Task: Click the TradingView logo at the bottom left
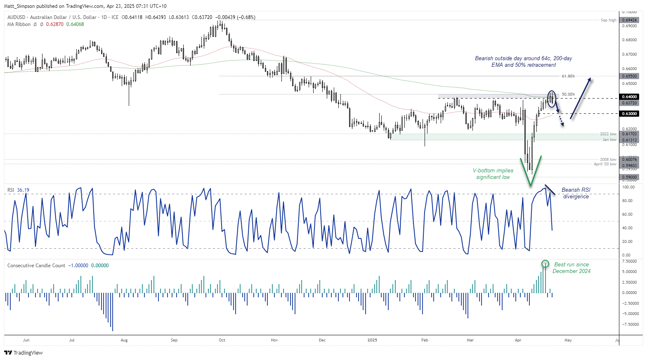tap(24, 353)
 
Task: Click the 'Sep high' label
tap(608, 20)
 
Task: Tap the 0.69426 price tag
tap(630, 20)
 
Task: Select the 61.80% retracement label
tap(568, 76)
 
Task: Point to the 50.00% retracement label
tap(568, 94)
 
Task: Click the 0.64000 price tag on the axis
tap(630, 97)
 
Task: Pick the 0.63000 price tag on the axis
tap(630, 113)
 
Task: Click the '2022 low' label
tap(608, 134)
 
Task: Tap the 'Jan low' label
tap(609, 140)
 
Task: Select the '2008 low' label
tap(608, 160)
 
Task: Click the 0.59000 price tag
tap(630, 177)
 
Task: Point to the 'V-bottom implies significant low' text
tap(493, 174)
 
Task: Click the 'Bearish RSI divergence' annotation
tap(576, 193)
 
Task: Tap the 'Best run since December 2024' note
tap(571, 268)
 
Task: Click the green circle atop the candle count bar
tap(545, 264)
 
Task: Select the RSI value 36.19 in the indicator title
tap(23, 190)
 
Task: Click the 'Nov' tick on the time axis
tap(274, 340)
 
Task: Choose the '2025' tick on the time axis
tap(372, 340)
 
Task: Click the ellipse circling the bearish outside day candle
tap(552, 99)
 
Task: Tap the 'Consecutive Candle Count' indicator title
tap(36, 266)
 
